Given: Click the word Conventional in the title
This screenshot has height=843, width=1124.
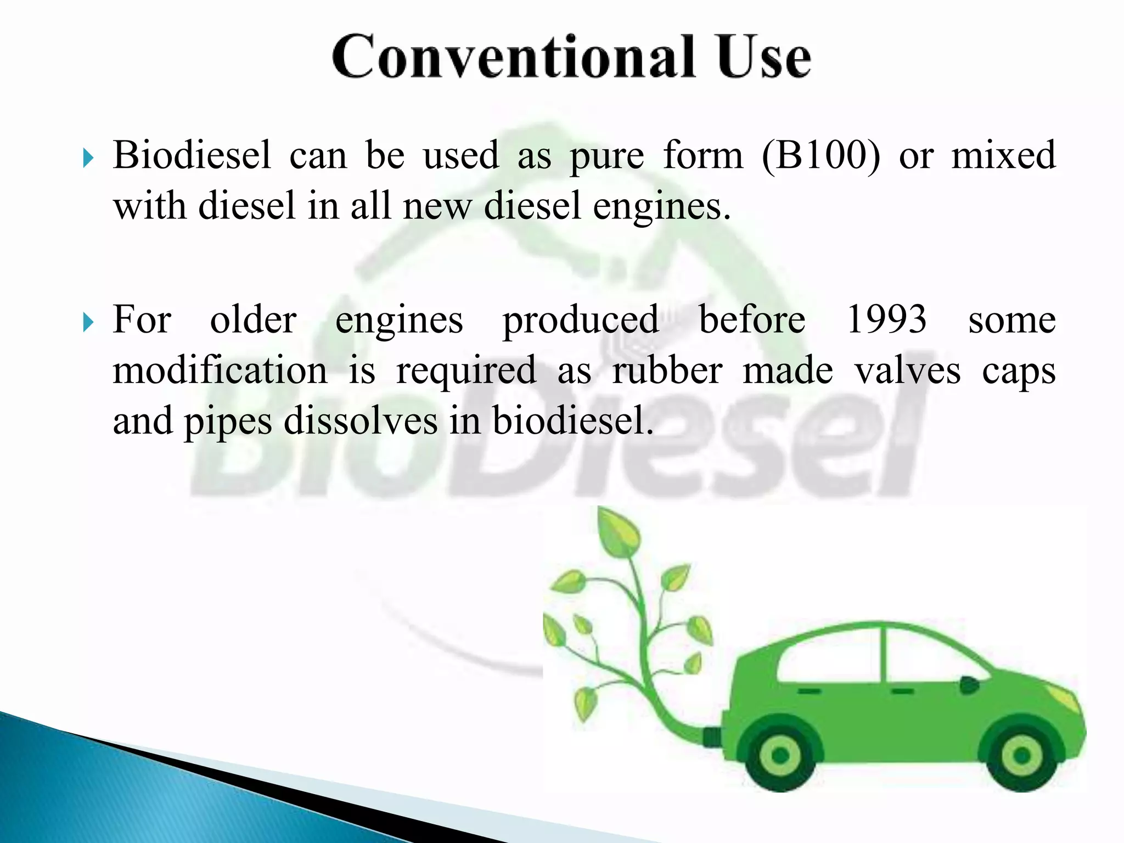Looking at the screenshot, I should point(513,57).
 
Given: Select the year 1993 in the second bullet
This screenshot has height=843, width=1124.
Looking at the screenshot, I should point(886,319).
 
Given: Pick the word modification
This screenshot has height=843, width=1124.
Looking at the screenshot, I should point(220,371).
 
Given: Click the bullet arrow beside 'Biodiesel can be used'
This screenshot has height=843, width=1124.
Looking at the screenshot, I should point(88,159).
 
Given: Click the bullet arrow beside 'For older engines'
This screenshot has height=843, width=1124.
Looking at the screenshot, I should point(88,323).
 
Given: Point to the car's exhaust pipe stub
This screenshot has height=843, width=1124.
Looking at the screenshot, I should point(712,737).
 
